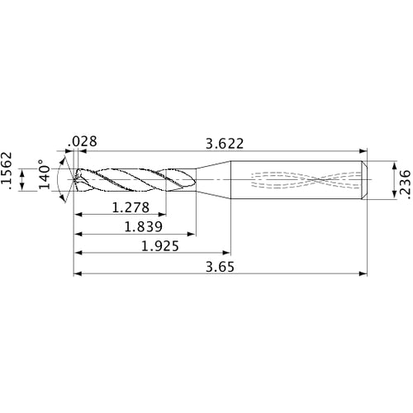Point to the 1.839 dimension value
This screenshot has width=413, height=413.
(x=142, y=225)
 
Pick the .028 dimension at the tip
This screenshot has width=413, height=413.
(x=85, y=141)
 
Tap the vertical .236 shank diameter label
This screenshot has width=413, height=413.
(x=404, y=178)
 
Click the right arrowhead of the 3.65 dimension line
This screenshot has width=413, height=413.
(x=364, y=273)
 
